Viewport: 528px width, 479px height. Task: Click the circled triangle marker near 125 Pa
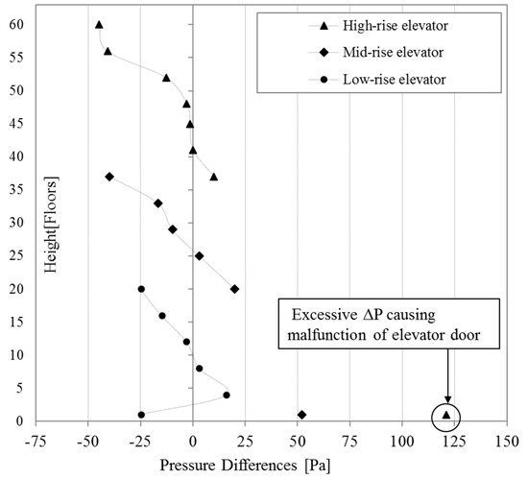pyautogui.click(x=446, y=415)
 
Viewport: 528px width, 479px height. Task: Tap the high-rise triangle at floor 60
pyautogui.click(x=99, y=25)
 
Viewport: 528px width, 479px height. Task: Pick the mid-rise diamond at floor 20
pyautogui.click(x=235, y=289)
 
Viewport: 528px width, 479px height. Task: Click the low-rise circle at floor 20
pyautogui.click(x=141, y=289)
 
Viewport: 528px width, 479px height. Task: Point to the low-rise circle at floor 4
pyautogui.click(x=227, y=395)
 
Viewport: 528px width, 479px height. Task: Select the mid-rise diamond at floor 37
pyautogui.click(x=109, y=177)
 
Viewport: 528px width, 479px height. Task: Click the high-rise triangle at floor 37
pyautogui.click(x=214, y=177)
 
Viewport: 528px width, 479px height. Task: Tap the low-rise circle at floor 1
pyautogui.click(x=141, y=415)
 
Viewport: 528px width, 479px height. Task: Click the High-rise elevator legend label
pyautogui.click(x=396, y=24)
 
